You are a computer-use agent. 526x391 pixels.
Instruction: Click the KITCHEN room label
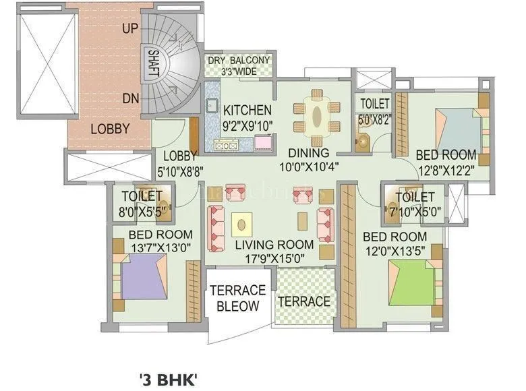point(247,110)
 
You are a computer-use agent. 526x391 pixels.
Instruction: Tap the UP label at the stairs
point(131,28)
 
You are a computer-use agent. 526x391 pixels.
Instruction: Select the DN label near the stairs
point(131,98)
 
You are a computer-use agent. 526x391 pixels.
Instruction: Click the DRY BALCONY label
point(238,61)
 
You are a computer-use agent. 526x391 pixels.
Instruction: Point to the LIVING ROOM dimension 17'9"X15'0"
point(274,258)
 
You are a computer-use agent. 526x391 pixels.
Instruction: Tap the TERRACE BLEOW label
point(237,298)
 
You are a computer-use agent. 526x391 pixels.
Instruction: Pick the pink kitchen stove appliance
point(262,142)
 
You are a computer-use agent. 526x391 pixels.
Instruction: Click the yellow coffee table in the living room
point(242,222)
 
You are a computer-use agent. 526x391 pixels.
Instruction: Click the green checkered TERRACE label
point(305,301)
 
